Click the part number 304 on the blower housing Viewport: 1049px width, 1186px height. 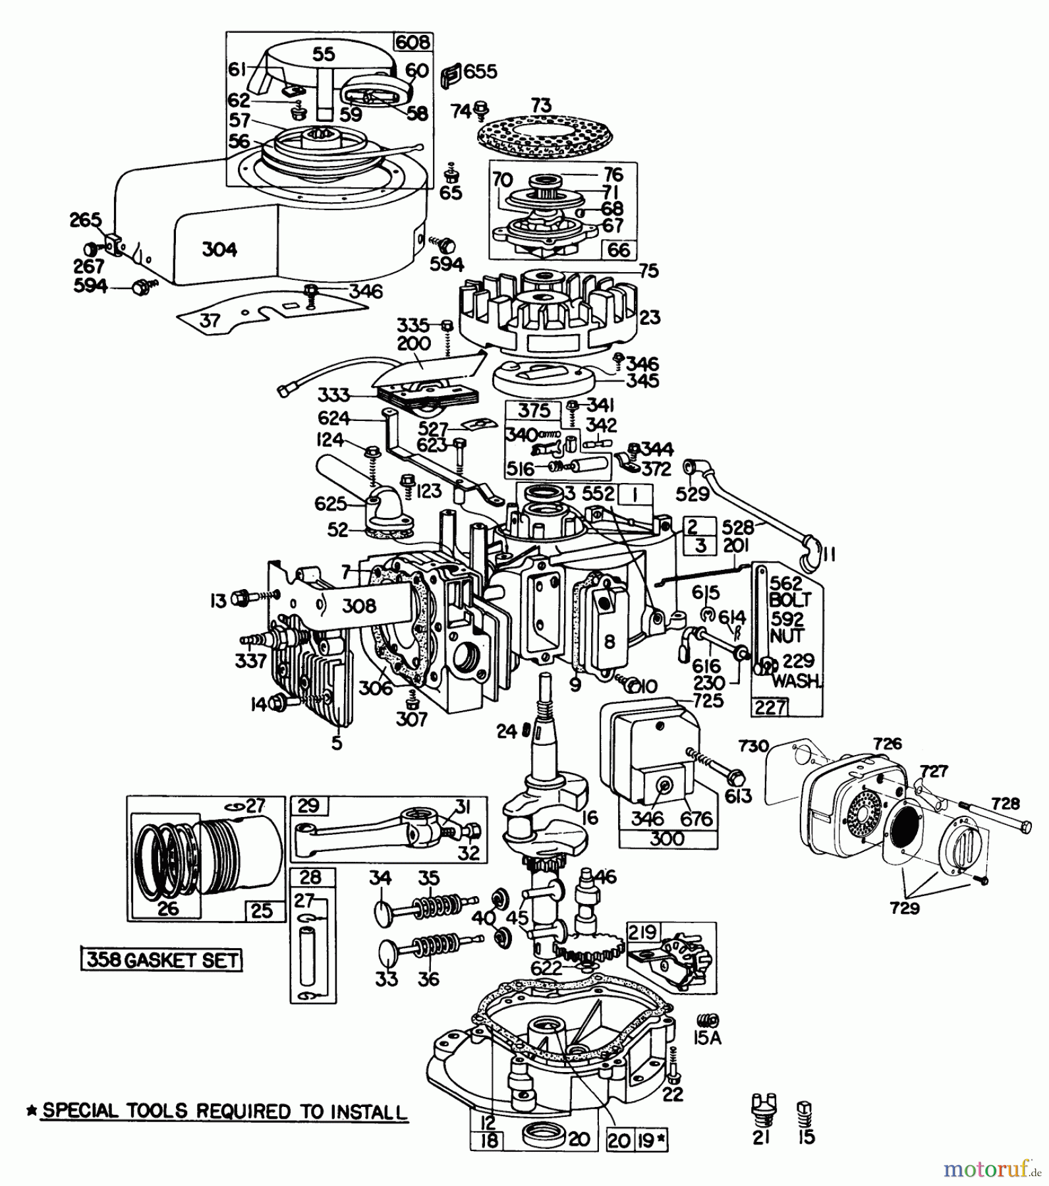point(219,250)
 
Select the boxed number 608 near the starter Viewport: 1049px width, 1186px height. point(412,43)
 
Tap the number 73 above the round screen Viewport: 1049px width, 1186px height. point(541,105)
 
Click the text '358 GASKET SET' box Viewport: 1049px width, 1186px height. point(161,960)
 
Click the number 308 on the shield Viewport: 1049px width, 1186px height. point(359,605)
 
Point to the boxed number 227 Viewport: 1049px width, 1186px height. point(770,708)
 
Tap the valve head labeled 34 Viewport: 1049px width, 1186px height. point(382,912)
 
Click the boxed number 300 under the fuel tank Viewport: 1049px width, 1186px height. point(667,839)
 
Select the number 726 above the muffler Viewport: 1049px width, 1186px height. point(887,744)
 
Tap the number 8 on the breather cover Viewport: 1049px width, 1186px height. point(610,640)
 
